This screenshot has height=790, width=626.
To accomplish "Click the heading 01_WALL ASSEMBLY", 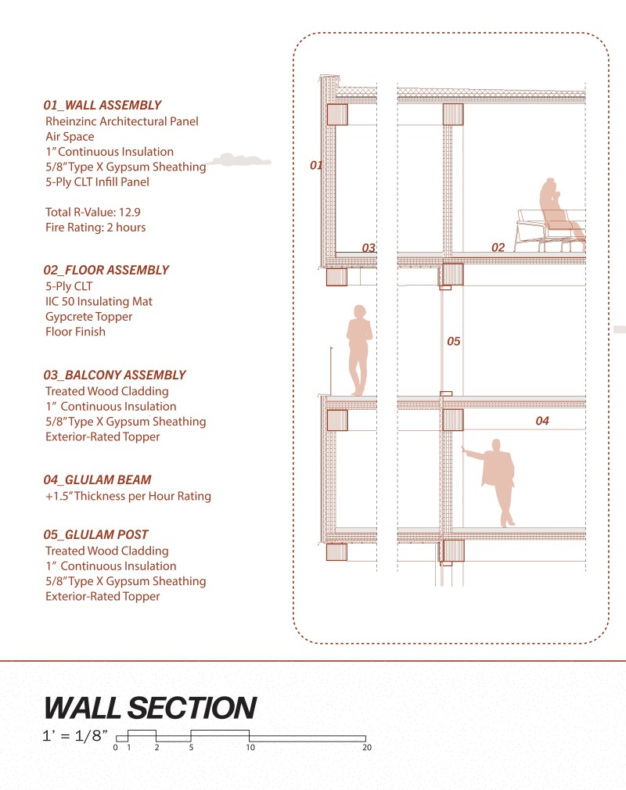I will (103, 105).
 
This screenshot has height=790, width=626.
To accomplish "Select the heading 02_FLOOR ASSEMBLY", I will (106, 270).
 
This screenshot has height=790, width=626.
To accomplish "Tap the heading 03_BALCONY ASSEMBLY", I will (115, 375).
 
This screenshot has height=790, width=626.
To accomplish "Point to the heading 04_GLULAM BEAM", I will (98, 480).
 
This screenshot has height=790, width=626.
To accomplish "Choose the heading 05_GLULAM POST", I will (96, 535).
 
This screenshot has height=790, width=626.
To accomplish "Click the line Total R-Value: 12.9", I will (93, 212).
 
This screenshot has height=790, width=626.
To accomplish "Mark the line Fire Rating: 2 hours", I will (95, 228).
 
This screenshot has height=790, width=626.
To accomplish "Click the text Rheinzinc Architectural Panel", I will (122, 121).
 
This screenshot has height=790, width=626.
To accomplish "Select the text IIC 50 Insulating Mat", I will (99, 301).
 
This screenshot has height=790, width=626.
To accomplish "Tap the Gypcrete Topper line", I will (89, 317).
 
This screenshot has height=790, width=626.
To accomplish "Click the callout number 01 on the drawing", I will (316, 165).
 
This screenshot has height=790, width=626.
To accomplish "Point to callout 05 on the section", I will (454, 342).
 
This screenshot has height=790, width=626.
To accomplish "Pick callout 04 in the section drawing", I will (542, 422).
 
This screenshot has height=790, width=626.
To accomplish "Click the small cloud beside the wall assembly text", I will (242, 160).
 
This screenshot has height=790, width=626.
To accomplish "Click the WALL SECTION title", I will (150, 708).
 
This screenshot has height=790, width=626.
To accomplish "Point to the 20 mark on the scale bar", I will (366, 748).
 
